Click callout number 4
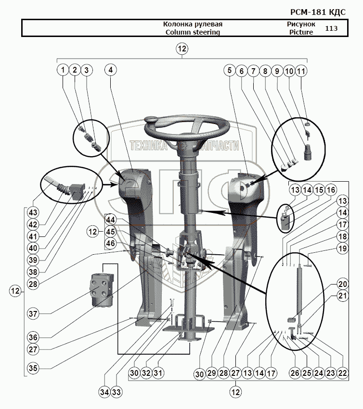(x=111, y=70)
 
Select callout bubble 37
(x=32, y=313)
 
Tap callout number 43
(x=32, y=212)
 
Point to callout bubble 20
(x=342, y=284)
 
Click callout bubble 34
(x=104, y=392)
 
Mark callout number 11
(x=301, y=70)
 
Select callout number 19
(x=342, y=248)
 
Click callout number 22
(x=342, y=372)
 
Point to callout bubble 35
(x=32, y=368)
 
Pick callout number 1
(x=63, y=70)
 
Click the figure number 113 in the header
(x=331, y=28)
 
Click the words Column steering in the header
(x=193, y=32)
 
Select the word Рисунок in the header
(x=301, y=24)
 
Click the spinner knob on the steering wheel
(x=152, y=119)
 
